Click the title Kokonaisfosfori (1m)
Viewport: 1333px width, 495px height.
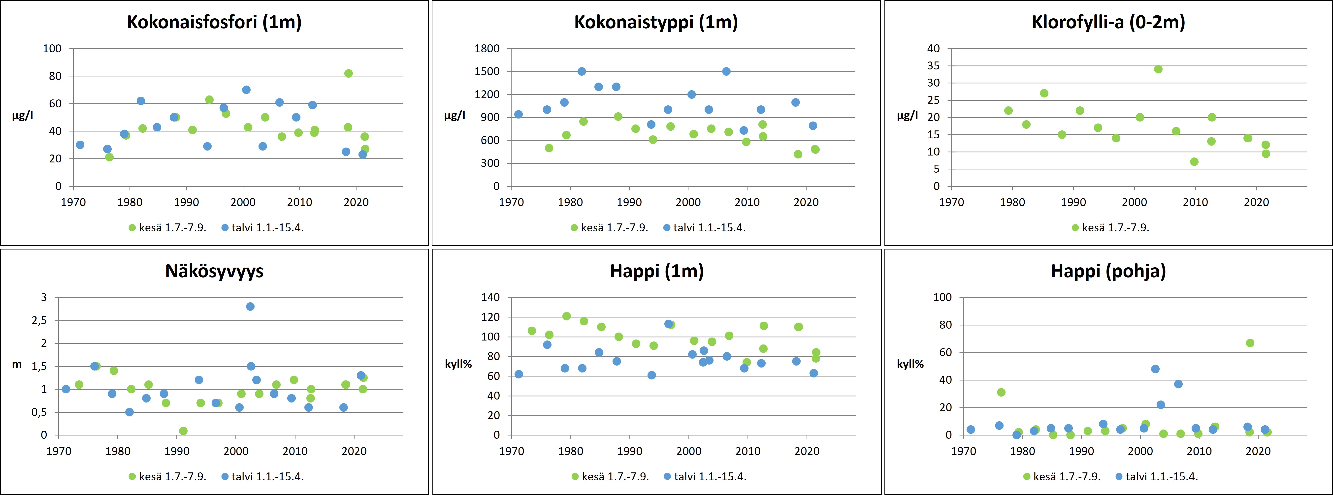pyautogui.click(x=214, y=22)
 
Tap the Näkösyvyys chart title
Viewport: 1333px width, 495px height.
pyautogui.click(x=214, y=271)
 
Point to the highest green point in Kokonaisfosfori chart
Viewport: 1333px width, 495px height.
pyautogui.click(x=348, y=73)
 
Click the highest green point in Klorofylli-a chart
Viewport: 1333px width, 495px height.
pyautogui.click(x=1158, y=69)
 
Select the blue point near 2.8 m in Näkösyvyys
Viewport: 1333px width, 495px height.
pyautogui.click(x=250, y=306)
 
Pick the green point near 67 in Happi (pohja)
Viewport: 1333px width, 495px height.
pyautogui.click(x=1250, y=343)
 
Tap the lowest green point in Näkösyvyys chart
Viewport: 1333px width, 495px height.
pyautogui.click(x=183, y=431)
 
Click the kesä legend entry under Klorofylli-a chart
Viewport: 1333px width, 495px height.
pyautogui.click(x=1110, y=228)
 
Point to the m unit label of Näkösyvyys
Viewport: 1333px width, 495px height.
pyautogui.click(x=17, y=364)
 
